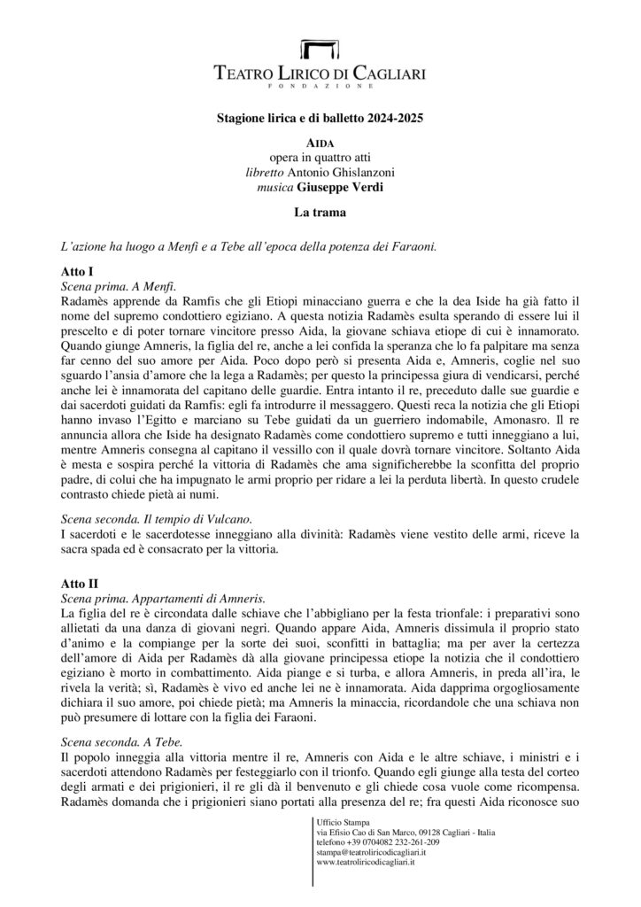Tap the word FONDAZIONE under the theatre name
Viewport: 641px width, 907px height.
[x=320, y=88]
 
